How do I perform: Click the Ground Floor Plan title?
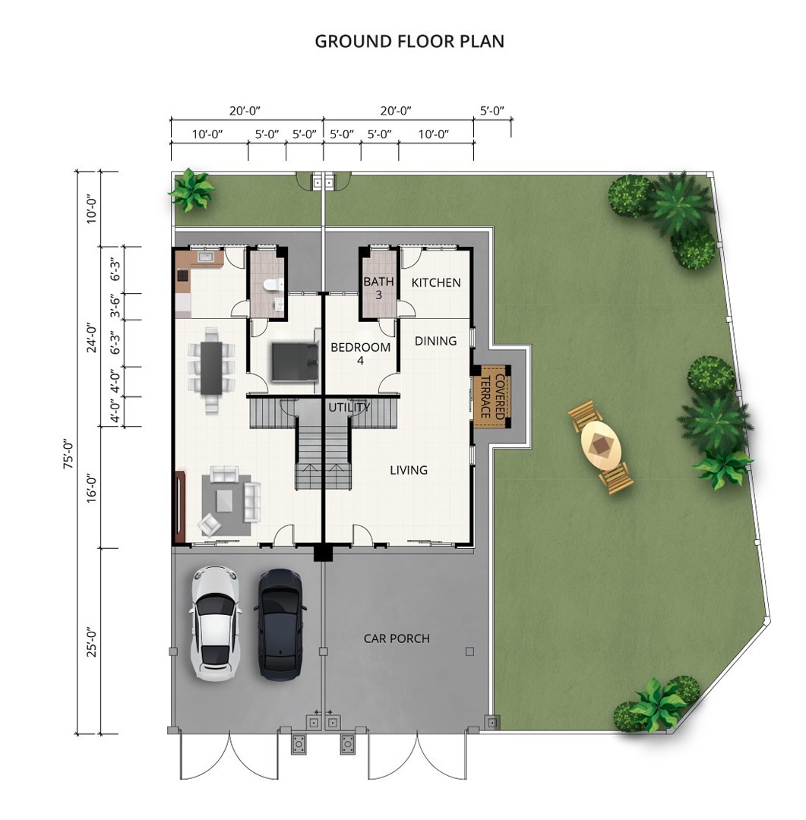tap(409, 41)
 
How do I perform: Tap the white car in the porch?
tap(215, 623)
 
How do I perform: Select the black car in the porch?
tap(280, 625)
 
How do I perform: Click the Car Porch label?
tap(397, 639)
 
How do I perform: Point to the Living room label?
tap(409, 470)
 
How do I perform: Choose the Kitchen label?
tap(436, 283)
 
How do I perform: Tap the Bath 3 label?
tap(378, 289)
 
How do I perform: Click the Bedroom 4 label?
tap(361, 354)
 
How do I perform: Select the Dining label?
tap(435, 341)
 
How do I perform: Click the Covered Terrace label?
tap(492, 396)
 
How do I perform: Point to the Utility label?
tap(349, 407)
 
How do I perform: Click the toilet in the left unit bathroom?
tap(273, 285)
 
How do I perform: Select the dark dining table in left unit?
tap(211, 368)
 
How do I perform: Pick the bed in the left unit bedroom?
tap(295, 361)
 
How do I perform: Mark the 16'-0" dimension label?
tap(92, 488)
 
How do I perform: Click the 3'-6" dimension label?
tap(115, 305)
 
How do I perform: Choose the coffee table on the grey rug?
tap(225, 500)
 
